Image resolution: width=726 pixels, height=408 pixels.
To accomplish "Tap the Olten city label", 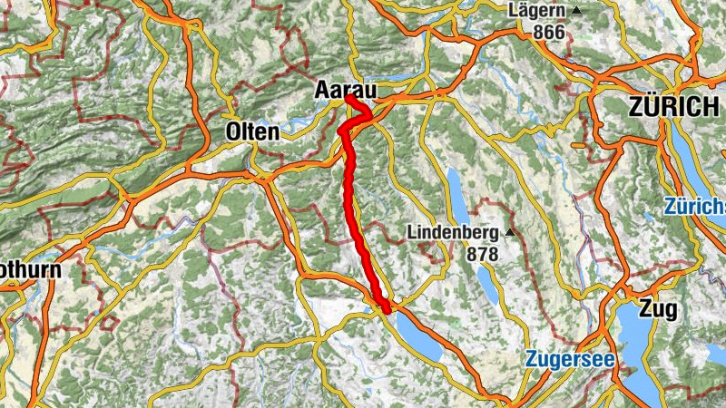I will [251, 131].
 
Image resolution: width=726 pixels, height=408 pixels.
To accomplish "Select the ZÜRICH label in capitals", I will [672, 107].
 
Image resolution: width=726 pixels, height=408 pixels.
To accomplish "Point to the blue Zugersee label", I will [569, 360].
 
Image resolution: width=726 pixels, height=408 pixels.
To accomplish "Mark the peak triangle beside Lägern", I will [575, 11].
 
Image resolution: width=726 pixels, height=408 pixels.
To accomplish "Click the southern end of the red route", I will [387, 311].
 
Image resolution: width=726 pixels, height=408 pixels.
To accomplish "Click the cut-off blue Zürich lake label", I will [694, 207].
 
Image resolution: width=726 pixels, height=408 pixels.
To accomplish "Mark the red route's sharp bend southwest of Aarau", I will [342, 132].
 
